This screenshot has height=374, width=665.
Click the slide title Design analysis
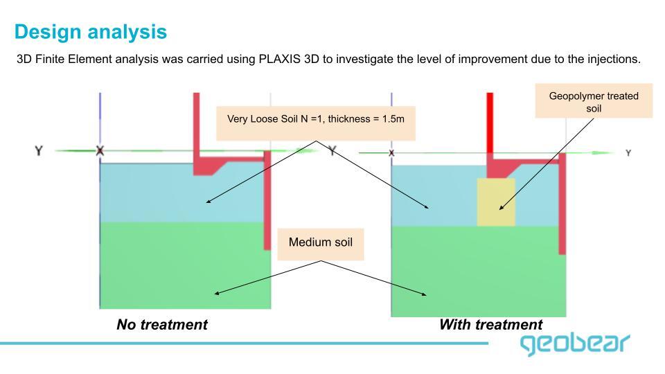(x=90, y=32)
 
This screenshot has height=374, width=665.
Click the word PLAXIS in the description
(x=278, y=60)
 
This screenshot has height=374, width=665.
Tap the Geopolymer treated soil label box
(x=594, y=103)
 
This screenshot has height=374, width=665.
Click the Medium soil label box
(x=320, y=242)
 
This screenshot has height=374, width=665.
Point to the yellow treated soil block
(x=496, y=202)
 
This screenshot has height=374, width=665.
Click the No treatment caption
(x=161, y=324)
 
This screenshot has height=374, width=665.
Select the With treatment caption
(x=490, y=324)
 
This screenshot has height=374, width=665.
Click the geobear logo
(x=575, y=343)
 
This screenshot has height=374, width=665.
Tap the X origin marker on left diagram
(x=100, y=150)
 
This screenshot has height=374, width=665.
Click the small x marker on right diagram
(x=392, y=152)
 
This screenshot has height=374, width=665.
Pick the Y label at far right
(x=628, y=152)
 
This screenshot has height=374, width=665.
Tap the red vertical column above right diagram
(x=490, y=121)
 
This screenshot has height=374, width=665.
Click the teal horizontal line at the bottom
(x=242, y=343)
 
